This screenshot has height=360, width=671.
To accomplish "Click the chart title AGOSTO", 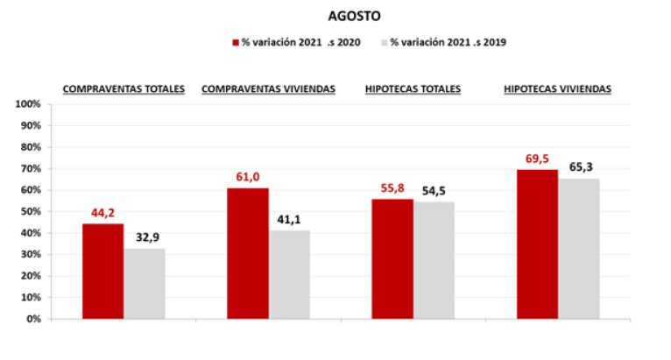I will [354, 16].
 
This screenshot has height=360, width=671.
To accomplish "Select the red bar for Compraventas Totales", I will [103, 272].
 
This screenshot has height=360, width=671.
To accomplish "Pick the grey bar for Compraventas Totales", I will [145, 284].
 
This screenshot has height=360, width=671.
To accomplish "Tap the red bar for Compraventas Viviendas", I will [248, 254].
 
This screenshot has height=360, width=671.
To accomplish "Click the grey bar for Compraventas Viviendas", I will [289, 275].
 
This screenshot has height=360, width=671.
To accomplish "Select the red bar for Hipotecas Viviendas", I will [537, 244].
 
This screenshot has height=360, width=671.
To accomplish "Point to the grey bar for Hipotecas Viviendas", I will [579, 249].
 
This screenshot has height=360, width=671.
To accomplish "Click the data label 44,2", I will [103, 213].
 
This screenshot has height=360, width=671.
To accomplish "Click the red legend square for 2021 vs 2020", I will [236, 42].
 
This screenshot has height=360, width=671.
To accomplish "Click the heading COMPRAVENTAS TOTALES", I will [124, 88].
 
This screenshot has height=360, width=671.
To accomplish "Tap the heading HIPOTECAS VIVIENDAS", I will [557, 88].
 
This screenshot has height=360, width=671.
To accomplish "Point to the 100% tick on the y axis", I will [28, 104].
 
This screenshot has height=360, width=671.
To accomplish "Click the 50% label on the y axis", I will [31, 212].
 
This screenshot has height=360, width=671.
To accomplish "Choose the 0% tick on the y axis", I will [33, 319].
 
